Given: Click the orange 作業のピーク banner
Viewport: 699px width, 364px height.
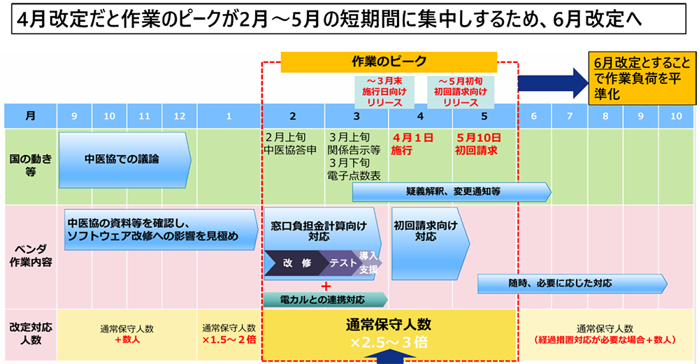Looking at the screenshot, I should click(389, 61).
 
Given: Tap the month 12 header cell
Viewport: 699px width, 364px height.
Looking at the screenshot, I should click(180, 116).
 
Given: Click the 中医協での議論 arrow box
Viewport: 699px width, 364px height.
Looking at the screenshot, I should click(123, 159).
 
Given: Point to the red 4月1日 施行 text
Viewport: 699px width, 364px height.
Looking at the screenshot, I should click(412, 143).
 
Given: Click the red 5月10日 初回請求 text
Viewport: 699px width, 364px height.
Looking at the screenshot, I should click(477, 143).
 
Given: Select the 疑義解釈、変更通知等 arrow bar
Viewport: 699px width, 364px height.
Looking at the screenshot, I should click(452, 191).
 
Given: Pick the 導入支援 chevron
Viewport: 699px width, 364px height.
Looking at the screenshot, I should click(369, 263).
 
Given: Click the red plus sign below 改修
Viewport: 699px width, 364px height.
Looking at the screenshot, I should click(325, 286).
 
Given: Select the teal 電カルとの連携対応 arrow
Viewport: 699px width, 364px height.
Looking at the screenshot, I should click(324, 300).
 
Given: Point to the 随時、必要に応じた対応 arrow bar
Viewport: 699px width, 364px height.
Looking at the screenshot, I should click(570, 283).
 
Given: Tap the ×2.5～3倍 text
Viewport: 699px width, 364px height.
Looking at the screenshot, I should click(389, 343).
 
